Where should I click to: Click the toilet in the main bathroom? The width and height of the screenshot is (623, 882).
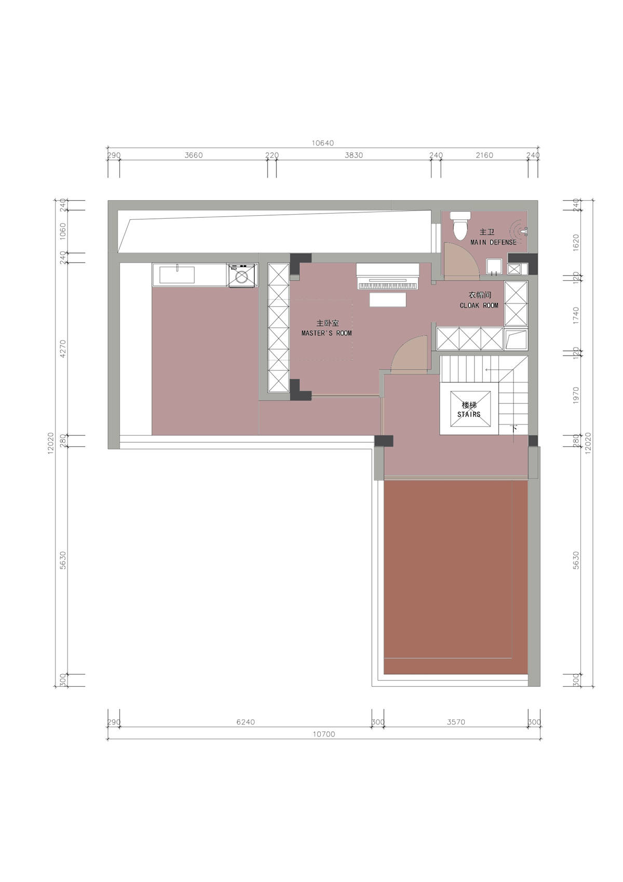(x=460, y=225)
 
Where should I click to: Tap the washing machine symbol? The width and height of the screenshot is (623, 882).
(x=242, y=275)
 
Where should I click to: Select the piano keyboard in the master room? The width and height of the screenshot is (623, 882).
(x=388, y=285)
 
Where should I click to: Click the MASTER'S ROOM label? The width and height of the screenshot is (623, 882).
(x=327, y=333)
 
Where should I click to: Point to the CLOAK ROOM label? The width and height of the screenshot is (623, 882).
(x=479, y=305)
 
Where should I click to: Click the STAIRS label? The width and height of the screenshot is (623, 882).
(x=469, y=414)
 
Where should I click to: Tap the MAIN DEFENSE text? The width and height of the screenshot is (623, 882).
(x=493, y=242)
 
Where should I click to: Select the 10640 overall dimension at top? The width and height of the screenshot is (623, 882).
(x=322, y=143)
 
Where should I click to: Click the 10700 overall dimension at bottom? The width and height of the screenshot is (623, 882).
(x=323, y=734)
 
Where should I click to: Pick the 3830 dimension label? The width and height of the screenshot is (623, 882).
(x=354, y=155)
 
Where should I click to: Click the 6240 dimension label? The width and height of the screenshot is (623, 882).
(x=246, y=722)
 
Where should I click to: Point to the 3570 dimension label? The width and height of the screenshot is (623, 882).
(x=456, y=722)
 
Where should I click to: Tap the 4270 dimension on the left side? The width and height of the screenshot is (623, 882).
(x=63, y=348)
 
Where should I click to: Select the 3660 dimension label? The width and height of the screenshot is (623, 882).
(x=194, y=155)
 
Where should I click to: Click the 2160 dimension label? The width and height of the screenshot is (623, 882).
(x=484, y=155)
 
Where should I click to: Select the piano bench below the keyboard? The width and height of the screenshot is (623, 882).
(x=388, y=299)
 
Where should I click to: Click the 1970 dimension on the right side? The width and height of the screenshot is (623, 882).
(x=576, y=395)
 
